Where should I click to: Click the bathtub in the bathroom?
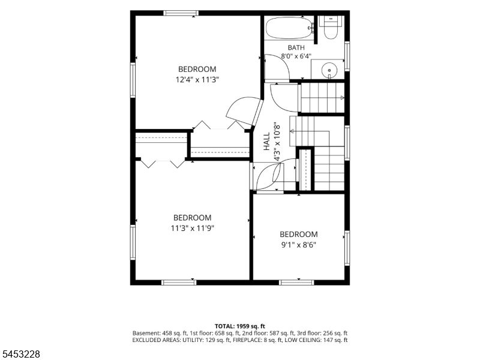point(289,28)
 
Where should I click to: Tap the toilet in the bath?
point(331,28)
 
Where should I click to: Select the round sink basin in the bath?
point(329,70)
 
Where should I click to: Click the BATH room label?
point(296,48)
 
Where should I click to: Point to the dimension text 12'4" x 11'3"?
point(197,80)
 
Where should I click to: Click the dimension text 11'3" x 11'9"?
point(192,228)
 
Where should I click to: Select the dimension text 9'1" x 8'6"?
point(298,245)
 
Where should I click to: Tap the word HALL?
point(267,141)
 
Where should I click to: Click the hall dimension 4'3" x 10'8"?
point(277,141)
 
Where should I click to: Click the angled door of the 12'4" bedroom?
point(257,113)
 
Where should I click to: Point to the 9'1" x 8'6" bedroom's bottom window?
point(297,282)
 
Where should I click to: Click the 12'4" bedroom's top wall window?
point(181,13)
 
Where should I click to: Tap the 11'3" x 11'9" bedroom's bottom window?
point(179,282)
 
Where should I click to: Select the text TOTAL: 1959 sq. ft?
point(239,326)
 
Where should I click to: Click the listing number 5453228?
point(20,354)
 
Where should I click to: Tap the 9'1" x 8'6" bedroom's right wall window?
point(347,248)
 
